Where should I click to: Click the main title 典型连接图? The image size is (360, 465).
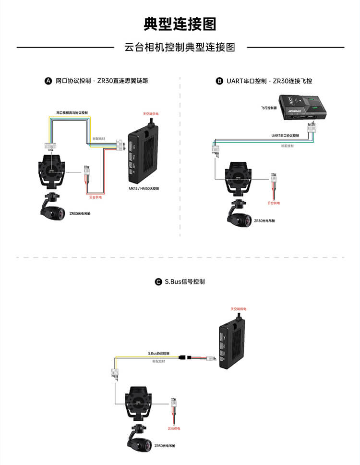pos(180,24)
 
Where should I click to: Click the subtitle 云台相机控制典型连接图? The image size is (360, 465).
pos(180,48)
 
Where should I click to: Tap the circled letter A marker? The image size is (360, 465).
pos(48,81)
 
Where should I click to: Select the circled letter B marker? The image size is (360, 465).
pos(219,81)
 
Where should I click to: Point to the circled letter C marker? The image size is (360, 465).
pos(158,282)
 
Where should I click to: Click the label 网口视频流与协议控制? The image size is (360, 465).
pos(72,112)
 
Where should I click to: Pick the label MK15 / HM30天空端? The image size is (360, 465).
pos(144,189)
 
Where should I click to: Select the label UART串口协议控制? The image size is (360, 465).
pos(285,135)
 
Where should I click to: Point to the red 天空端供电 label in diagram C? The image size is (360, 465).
pos(238,309)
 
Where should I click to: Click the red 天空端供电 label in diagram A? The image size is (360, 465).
pos(151,114)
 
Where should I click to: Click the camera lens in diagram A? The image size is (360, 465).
pos(59,212)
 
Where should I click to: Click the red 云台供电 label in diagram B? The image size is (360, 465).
pos(274,203)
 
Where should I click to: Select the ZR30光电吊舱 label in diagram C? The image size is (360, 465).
pos(165,446)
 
